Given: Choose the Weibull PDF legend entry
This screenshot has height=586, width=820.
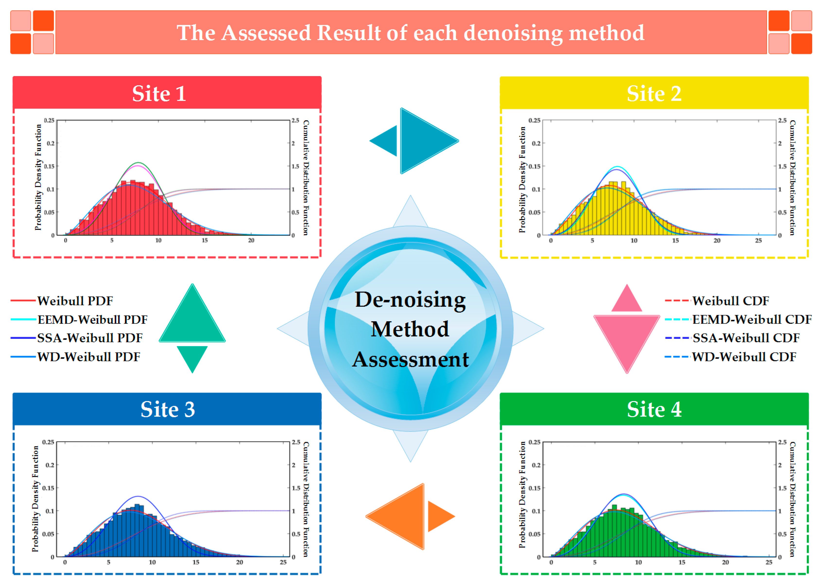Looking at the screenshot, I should (75, 301).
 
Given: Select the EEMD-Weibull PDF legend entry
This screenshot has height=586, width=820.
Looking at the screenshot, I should (92, 320).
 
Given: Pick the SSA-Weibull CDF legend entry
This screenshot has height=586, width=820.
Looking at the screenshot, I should (746, 338).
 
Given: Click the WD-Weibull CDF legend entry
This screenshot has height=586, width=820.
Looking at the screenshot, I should (744, 357).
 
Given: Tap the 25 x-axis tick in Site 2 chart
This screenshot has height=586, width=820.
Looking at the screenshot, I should (758, 241).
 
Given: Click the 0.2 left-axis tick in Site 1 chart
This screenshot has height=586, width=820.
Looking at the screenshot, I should (51, 143).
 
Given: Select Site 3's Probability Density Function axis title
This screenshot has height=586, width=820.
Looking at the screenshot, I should (35, 499).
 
